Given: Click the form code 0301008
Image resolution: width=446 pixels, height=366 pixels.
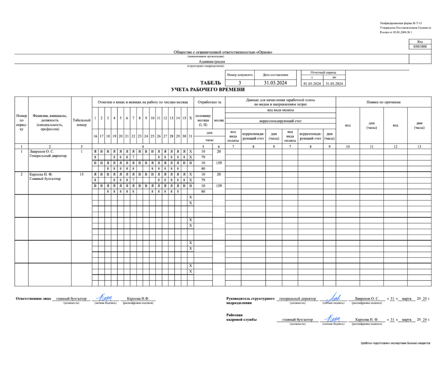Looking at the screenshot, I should click(420, 47).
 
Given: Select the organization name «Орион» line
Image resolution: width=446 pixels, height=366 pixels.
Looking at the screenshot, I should click(223, 52).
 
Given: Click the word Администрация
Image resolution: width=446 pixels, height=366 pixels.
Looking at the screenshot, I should click(212, 62).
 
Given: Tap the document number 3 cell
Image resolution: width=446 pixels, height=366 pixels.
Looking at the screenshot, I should click(240, 83).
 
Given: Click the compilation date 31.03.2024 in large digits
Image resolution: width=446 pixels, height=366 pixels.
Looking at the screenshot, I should click(275, 83).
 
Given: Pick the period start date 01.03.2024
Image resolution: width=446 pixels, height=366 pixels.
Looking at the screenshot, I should click(312, 84).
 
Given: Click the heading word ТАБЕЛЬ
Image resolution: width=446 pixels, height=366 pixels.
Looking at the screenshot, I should click(211, 83).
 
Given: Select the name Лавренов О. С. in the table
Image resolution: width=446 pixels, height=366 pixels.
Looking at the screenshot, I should click(42, 151).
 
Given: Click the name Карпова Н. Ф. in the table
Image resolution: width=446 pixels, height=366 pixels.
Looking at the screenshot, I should click(41, 174).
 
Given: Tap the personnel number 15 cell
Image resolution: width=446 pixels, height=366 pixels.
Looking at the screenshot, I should click(82, 174).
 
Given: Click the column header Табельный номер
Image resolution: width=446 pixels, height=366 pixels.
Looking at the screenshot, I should click(82, 122).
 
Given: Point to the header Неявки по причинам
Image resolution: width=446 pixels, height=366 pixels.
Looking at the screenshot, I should click(383, 102).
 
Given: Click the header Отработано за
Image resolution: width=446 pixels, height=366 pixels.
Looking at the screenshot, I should click(209, 102).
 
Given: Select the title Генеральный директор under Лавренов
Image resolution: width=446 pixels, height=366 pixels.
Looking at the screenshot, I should click(48, 156).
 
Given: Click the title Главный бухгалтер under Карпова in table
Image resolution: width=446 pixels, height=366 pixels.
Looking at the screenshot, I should click(45, 179).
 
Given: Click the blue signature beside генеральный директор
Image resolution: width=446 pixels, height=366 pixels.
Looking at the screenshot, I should click(333, 298).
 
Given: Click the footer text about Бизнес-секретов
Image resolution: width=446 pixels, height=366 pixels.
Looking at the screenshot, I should click(395, 343).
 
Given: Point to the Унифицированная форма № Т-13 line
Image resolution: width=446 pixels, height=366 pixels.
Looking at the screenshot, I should click(401, 23).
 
